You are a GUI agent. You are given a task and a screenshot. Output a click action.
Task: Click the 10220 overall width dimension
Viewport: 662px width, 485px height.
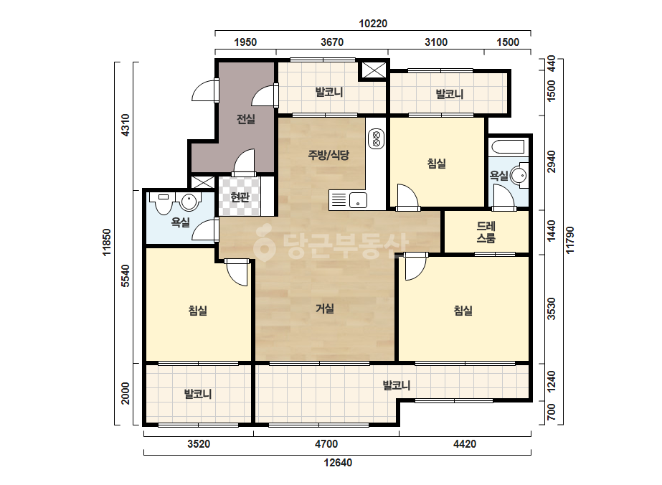pos(373,23)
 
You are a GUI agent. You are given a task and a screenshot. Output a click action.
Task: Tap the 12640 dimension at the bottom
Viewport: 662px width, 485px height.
pos(338,463)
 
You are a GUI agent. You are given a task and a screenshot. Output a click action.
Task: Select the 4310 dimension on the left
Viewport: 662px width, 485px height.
pos(126,125)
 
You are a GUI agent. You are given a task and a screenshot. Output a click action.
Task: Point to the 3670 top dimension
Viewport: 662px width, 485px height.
pos(332,42)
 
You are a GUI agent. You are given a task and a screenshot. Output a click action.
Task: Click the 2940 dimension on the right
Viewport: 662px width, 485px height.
pos(552,161)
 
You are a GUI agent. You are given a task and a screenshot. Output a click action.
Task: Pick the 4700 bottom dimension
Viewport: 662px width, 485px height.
pos(326,444)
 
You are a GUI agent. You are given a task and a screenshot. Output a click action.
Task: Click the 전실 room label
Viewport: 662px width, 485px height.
pos(246,119)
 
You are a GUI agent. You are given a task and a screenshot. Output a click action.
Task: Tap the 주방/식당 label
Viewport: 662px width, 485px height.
pos(328,155)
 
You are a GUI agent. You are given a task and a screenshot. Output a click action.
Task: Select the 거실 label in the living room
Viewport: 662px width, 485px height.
pos(325,309)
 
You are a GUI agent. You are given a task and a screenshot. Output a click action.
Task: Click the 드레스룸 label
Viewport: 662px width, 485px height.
pos(486,232)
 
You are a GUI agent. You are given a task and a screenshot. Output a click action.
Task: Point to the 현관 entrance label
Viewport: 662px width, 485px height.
pos(240,197)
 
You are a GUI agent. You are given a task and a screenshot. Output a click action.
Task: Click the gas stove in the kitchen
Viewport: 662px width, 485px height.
pos(376,139)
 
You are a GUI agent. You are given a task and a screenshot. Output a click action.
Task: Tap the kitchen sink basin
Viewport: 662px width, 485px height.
pos(357,200)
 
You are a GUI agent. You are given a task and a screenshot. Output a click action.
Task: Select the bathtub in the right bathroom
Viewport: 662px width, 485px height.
pos(509,147)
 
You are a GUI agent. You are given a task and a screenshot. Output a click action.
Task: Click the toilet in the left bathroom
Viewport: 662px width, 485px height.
pos(163,203)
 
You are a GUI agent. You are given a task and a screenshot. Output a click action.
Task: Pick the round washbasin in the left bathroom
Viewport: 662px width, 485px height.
pos(190,202)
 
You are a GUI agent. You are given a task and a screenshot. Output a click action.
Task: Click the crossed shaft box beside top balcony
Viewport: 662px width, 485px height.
pos(373,70)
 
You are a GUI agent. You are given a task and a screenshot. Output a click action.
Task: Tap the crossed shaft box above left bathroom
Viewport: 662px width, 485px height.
pos(202,182)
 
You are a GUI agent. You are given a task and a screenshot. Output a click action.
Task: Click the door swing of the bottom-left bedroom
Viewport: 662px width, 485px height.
pos(237,272)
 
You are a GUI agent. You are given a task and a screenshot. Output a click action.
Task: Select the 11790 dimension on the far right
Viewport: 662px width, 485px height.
pos(570,240)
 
